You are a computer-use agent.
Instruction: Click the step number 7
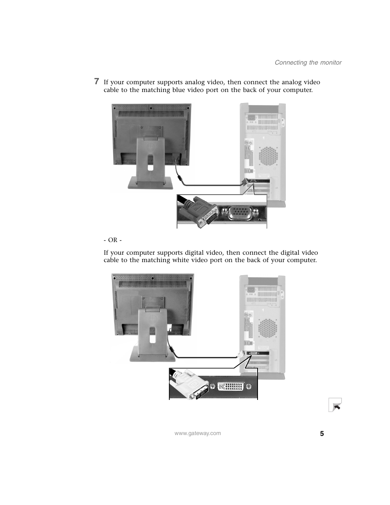[96, 81]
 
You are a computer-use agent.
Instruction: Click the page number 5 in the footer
[322, 434]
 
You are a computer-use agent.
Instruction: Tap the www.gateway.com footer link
[197, 433]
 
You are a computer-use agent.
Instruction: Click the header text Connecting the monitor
[308, 63]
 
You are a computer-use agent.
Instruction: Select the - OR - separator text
[112, 240]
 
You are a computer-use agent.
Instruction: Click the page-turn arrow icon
[336, 405]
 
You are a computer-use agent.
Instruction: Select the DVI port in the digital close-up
[231, 386]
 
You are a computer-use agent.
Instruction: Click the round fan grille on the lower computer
[268, 328]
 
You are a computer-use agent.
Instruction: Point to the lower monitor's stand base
[152, 356]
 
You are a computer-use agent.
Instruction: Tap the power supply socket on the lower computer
[250, 290]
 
